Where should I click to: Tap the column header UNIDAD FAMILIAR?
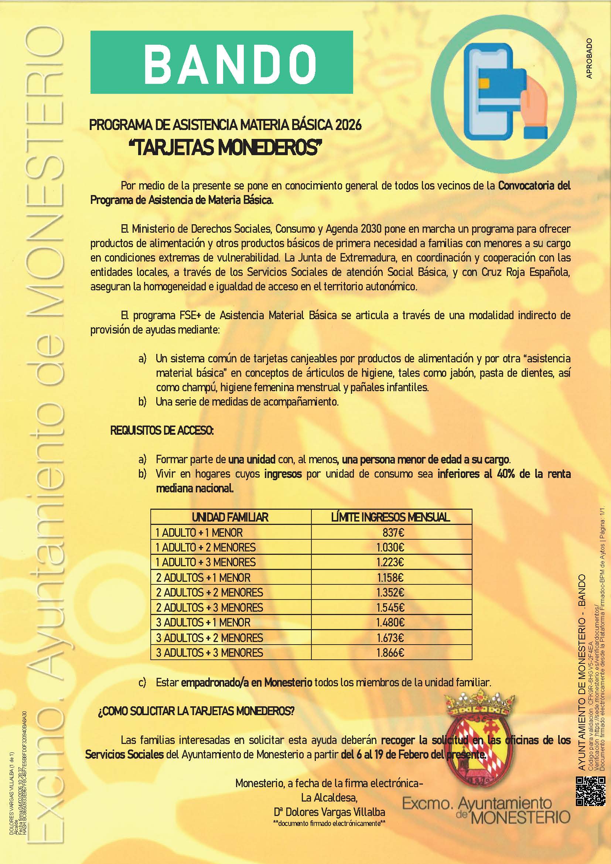[x=230, y=517]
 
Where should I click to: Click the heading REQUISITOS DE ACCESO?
[x=162, y=431]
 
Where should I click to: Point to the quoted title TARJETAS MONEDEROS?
[x=226, y=148]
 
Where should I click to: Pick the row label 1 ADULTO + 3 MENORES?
[x=205, y=562]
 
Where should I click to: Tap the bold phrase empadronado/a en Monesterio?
[x=246, y=682]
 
